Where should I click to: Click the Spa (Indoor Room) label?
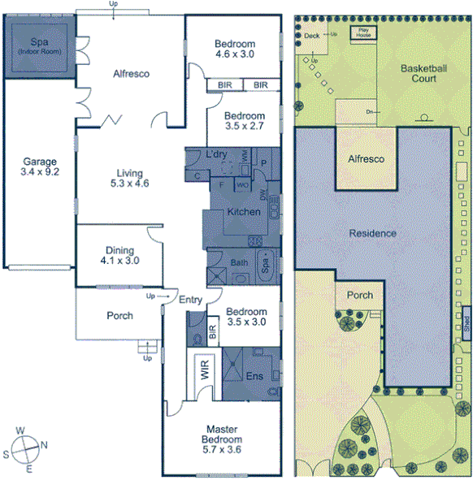click(39, 45)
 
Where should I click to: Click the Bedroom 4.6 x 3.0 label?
click(235, 50)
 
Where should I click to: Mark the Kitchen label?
click(244, 211)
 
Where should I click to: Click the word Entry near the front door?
click(190, 301)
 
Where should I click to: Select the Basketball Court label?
click(423, 75)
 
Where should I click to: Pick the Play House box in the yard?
click(362, 32)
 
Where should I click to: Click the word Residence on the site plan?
click(372, 233)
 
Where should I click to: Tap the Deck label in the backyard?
click(312, 36)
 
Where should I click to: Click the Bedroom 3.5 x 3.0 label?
click(245, 318)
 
